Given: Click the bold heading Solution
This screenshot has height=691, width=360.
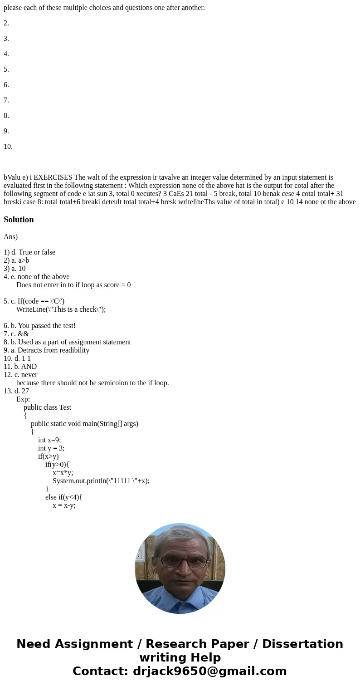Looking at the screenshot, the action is coord(19,220).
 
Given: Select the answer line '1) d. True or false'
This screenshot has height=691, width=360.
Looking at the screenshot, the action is coord(29,252).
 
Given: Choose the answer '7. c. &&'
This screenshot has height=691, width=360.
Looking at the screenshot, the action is coord(16,334).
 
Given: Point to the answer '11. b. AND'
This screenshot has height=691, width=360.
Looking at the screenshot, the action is coord(20,367).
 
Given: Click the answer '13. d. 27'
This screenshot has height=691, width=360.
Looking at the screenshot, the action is coord(16,391).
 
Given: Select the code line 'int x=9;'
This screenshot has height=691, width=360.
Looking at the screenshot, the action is coord(49,440).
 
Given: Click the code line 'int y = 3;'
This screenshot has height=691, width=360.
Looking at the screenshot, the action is coord(51,448).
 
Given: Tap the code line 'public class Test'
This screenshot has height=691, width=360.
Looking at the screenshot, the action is coord(47,407).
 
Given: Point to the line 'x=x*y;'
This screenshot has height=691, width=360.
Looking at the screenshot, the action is coord(63,473).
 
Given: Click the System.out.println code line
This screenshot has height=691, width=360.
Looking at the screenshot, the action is coord(101,481).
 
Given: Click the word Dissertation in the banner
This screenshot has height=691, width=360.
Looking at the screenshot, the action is coord(302,644).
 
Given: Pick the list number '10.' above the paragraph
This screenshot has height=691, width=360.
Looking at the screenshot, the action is coord(8,147).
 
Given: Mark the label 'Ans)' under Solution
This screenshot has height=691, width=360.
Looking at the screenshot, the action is coord(10,237).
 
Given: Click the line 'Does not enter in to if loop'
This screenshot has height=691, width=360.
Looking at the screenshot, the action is coord(73,285).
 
